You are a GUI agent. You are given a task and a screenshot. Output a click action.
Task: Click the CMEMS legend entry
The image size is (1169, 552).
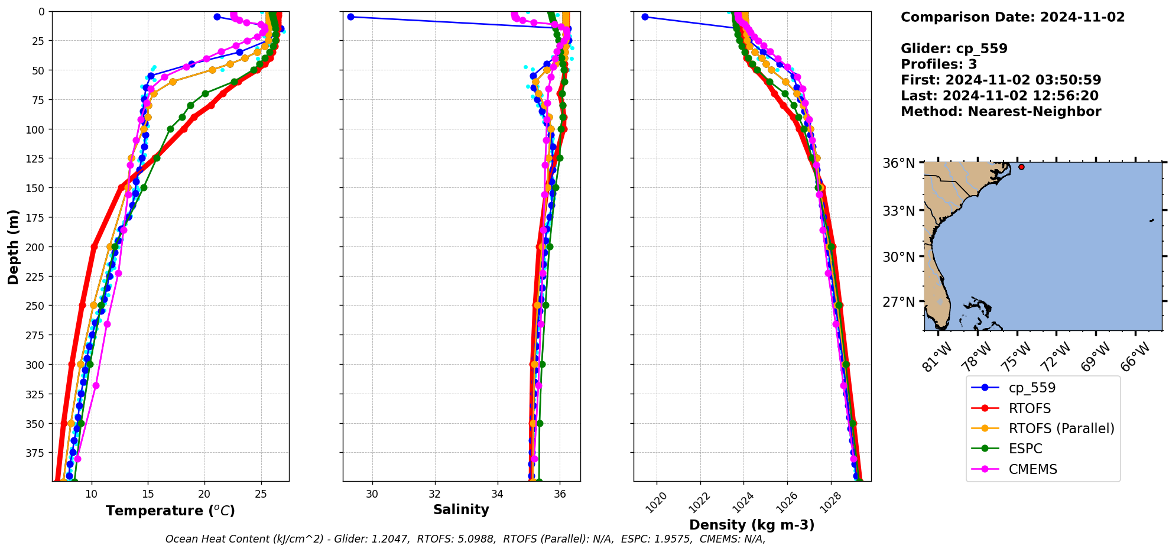pyautogui.click(x=1032, y=469)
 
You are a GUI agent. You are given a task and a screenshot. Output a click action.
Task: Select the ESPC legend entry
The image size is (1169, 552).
pyautogui.click(x=1025, y=449)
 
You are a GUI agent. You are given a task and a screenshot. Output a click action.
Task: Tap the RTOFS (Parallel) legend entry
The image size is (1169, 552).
pyautogui.click(x=1061, y=428)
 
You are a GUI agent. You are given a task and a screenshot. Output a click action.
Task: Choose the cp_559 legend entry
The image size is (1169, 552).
pyautogui.click(x=1032, y=388)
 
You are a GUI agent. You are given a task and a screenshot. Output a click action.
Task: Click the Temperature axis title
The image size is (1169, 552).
pyautogui.click(x=170, y=511)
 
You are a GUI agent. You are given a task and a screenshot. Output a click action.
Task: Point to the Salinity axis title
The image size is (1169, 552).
pyautogui.click(x=461, y=509)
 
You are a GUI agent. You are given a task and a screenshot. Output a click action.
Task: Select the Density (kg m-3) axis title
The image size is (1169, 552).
pyautogui.click(x=752, y=525)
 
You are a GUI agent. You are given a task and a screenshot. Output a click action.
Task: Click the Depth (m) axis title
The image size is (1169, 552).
pyautogui.click(x=13, y=246)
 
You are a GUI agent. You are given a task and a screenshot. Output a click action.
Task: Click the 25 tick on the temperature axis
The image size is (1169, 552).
pyautogui.click(x=261, y=494)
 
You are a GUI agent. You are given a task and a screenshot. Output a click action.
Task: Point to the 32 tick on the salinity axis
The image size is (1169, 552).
pyautogui.click(x=435, y=494)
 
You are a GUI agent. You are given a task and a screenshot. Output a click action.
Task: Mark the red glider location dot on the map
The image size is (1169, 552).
pyautogui.click(x=1021, y=167)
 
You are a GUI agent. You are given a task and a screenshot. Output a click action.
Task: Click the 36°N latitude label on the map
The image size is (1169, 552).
pyautogui.click(x=898, y=163)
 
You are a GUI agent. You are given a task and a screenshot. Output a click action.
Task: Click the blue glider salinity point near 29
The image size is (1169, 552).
pyautogui.click(x=350, y=17)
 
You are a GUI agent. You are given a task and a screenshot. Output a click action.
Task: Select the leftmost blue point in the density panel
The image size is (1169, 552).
pyautogui.click(x=645, y=17)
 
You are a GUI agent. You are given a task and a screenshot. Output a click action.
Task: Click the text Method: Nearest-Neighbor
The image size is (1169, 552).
pyautogui.click(x=1001, y=112)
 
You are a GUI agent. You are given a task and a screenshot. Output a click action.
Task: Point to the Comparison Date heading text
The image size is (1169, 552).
pyautogui.click(x=1012, y=17)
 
